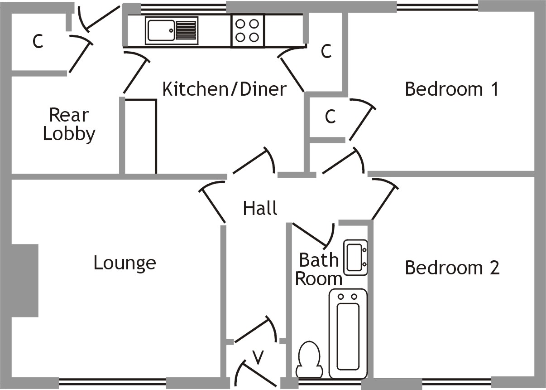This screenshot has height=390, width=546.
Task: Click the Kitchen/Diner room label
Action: pyautogui.click(x=225, y=89)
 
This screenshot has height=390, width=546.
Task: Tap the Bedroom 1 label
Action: pyautogui.click(x=451, y=89)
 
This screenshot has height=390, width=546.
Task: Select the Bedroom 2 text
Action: pyautogui.click(x=452, y=268)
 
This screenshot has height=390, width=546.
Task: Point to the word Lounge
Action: pyautogui.click(x=125, y=263)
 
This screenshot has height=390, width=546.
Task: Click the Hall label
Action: pyautogui.click(x=260, y=209)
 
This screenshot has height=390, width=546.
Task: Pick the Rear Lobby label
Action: pyautogui.click(x=69, y=125)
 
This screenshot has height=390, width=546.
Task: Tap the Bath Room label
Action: pyautogui.click(x=319, y=269)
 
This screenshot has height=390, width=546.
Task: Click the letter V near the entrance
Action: pyautogui.click(x=258, y=358)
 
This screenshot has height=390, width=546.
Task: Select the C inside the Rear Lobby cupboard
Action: pyautogui.click(x=38, y=42)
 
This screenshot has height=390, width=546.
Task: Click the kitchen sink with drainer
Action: pyautogui.click(x=172, y=31)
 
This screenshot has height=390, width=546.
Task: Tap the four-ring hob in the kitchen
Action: pyautogui.click(x=248, y=31)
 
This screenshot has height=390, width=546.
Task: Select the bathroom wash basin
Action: pyautogui.click(x=355, y=258)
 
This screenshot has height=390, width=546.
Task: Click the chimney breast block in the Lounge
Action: pyautogui.click(x=24, y=281)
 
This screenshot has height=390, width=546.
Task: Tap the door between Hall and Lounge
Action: pyautogui.click(x=212, y=202)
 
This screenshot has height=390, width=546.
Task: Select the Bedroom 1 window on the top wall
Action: pyautogui.click(x=437, y=7)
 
